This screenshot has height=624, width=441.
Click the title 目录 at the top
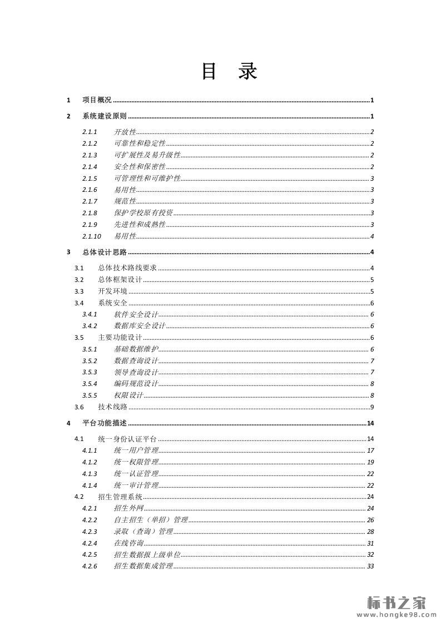(x=229, y=72)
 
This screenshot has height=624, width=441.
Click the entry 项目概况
(x=97, y=100)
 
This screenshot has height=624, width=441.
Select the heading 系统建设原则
(x=105, y=116)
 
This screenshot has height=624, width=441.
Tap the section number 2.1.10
(x=92, y=236)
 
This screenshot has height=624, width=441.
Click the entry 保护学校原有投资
(x=143, y=213)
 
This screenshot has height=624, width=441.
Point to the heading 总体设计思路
(x=105, y=252)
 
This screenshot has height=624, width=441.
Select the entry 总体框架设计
(x=120, y=280)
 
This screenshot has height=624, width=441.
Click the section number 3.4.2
(x=90, y=326)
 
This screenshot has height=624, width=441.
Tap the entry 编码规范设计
(x=136, y=384)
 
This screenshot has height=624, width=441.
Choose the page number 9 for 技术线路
(x=371, y=407)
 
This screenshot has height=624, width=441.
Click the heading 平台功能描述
(x=105, y=423)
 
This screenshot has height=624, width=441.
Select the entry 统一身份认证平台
(x=127, y=439)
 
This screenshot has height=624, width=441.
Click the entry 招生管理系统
(x=120, y=497)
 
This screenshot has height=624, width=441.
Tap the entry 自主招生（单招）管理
(x=151, y=520)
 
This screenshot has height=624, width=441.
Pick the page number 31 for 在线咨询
(x=370, y=543)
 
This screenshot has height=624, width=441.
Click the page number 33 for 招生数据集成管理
(x=370, y=566)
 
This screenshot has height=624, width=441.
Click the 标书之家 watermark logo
(x=397, y=602)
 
